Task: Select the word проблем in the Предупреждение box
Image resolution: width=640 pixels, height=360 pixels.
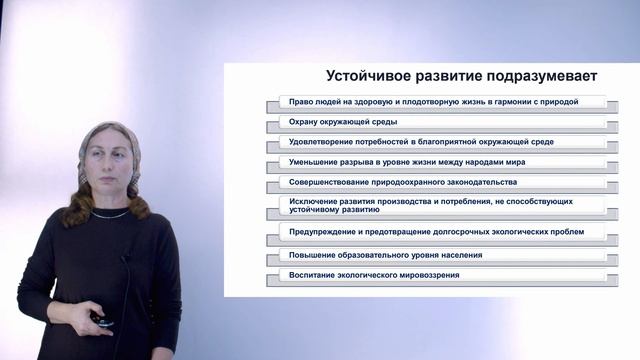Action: [x=581, y=232]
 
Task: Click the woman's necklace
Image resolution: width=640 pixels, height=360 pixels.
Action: [x=111, y=214]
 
